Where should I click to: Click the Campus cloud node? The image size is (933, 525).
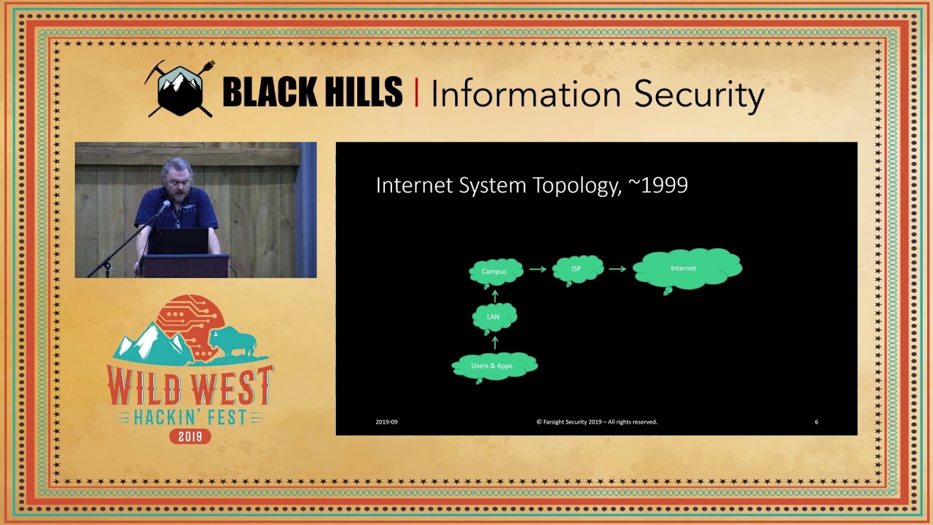point(496,273)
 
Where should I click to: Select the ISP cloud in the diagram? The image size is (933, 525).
point(578,270)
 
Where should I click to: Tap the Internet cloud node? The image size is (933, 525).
point(687,269)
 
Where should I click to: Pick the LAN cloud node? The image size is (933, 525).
point(494,318)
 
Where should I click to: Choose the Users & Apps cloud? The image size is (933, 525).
point(494,367)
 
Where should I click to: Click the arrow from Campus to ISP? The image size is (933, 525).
point(538,269)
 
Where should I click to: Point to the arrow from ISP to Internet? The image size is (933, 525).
point(617,269)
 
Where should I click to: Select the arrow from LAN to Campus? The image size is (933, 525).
point(495,296)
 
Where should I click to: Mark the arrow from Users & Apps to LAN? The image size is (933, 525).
point(495,343)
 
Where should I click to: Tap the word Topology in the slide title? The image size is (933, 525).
point(577,186)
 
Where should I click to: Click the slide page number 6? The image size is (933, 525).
point(816,422)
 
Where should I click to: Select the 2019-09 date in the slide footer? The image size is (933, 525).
point(386,422)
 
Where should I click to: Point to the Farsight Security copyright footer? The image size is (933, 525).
point(597,422)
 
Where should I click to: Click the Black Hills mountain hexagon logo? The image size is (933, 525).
point(180,89)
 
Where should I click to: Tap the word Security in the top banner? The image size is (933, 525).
point(699,95)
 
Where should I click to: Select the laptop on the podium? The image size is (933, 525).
point(179,241)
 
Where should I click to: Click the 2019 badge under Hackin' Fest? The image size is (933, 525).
point(190,436)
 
